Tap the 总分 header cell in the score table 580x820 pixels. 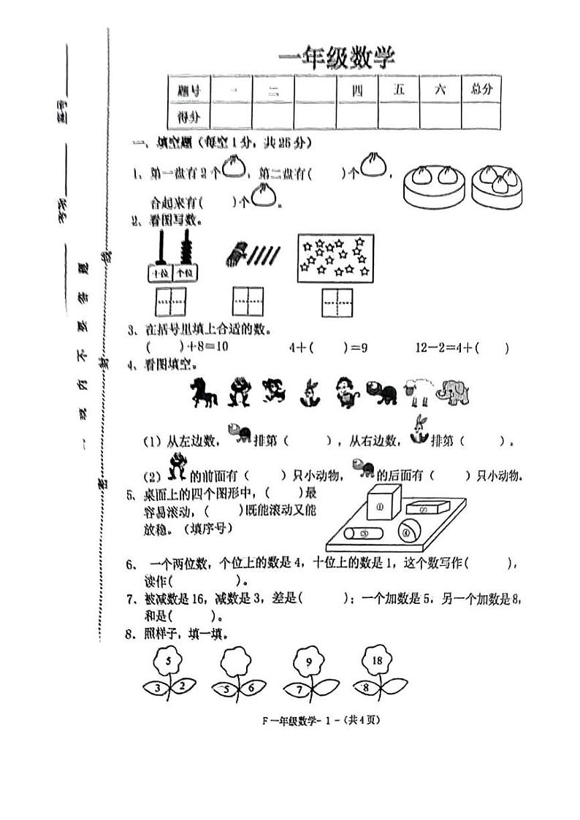[481, 89]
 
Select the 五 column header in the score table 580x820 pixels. [399, 89]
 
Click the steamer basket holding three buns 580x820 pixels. [498, 185]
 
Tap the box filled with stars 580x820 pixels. [335, 258]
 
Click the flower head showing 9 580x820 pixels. [309, 662]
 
